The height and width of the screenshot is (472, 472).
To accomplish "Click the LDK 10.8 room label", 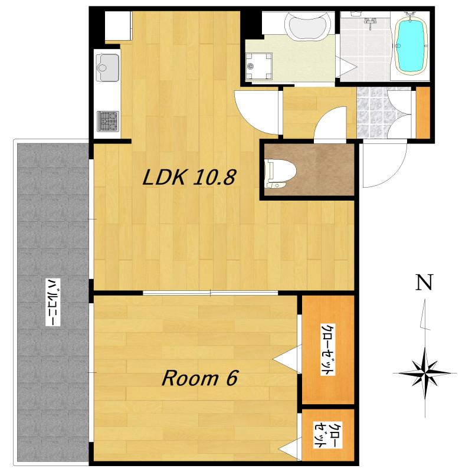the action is tap(189, 177).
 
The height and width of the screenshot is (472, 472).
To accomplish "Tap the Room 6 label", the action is tap(200, 378).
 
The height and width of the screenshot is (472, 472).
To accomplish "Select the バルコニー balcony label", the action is tap(53, 302).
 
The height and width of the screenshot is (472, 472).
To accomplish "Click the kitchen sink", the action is tap(107, 68).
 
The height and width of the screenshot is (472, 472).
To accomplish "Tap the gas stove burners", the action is tap(108, 122).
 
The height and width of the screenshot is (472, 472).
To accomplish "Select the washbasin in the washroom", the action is tap(308, 27).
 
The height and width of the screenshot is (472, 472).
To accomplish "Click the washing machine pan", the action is tap(259, 66).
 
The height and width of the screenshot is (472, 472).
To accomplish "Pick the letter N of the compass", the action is tap(424, 282).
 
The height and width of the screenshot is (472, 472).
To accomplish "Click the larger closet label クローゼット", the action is tap(328, 349).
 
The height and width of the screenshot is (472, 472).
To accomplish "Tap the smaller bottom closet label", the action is tap(328, 435).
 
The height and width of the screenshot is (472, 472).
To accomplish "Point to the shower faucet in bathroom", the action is tap(370, 22).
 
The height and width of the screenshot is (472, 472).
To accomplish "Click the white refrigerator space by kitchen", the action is tap(119, 25).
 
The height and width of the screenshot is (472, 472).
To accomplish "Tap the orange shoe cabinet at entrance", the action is tap(422, 112).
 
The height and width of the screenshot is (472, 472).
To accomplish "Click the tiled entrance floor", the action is tap(384, 112).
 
